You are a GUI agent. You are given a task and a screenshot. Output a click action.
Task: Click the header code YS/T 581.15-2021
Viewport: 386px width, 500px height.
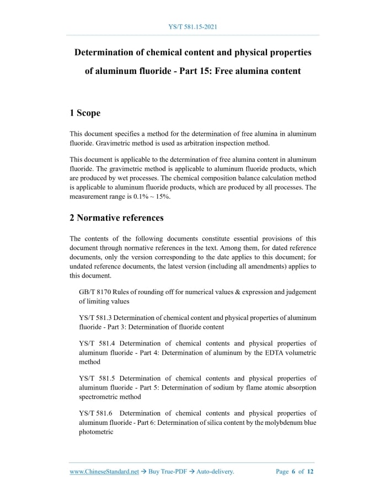tap(192, 26)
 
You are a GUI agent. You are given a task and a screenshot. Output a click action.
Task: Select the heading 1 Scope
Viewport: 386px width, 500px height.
tap(85, 113)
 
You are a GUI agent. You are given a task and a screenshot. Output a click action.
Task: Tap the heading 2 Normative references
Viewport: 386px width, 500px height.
tap(116, 217)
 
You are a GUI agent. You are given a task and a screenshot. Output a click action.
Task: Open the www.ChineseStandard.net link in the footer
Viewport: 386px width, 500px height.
tap(104, 471)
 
